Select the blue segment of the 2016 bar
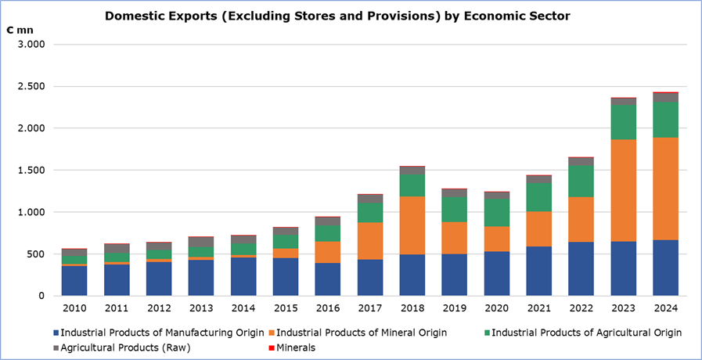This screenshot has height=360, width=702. click(x=328, y=279)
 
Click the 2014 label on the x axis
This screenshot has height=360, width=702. click(x=243, y=308)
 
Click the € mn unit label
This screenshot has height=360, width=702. click(x=22, y=29)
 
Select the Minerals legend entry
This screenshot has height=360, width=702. click(x=294, y=347)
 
